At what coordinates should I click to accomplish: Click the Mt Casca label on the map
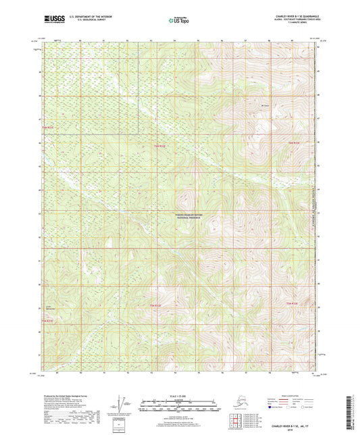point(265,105)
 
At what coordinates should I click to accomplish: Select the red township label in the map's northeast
point(293,143)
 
